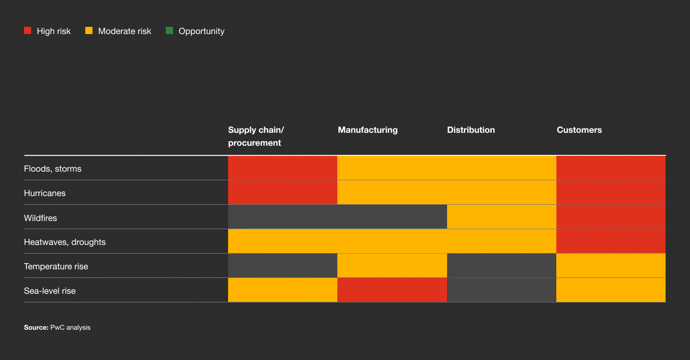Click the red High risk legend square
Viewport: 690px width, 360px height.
(27, 31)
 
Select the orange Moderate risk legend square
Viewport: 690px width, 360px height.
(89, 31)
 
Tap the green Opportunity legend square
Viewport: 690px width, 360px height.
(169, 31)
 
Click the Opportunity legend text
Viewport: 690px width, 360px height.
(201, 31)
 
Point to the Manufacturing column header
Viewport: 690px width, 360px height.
(368, 130)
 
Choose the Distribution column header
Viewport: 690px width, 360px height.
(471, 130)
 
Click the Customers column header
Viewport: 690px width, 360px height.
(579, 130)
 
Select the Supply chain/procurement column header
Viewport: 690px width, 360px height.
(256, 136)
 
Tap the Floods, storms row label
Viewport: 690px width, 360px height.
(53, 169)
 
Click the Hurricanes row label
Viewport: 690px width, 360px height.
(45, 193)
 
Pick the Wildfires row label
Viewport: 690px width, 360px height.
(40, 218)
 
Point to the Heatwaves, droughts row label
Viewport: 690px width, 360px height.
(65, 242)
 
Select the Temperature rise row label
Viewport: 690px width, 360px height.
(56, 267)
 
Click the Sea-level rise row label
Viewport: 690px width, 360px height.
(50, 291)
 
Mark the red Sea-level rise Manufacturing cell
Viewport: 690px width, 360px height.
(392, 290)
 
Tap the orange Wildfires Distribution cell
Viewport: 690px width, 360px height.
(501, 217)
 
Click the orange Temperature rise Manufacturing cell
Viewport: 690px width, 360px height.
(392, 266)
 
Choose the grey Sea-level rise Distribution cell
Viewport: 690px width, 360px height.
(501, 290)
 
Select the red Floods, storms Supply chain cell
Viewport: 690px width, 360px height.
(283, 168)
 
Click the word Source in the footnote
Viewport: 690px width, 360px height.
(36, 327)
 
